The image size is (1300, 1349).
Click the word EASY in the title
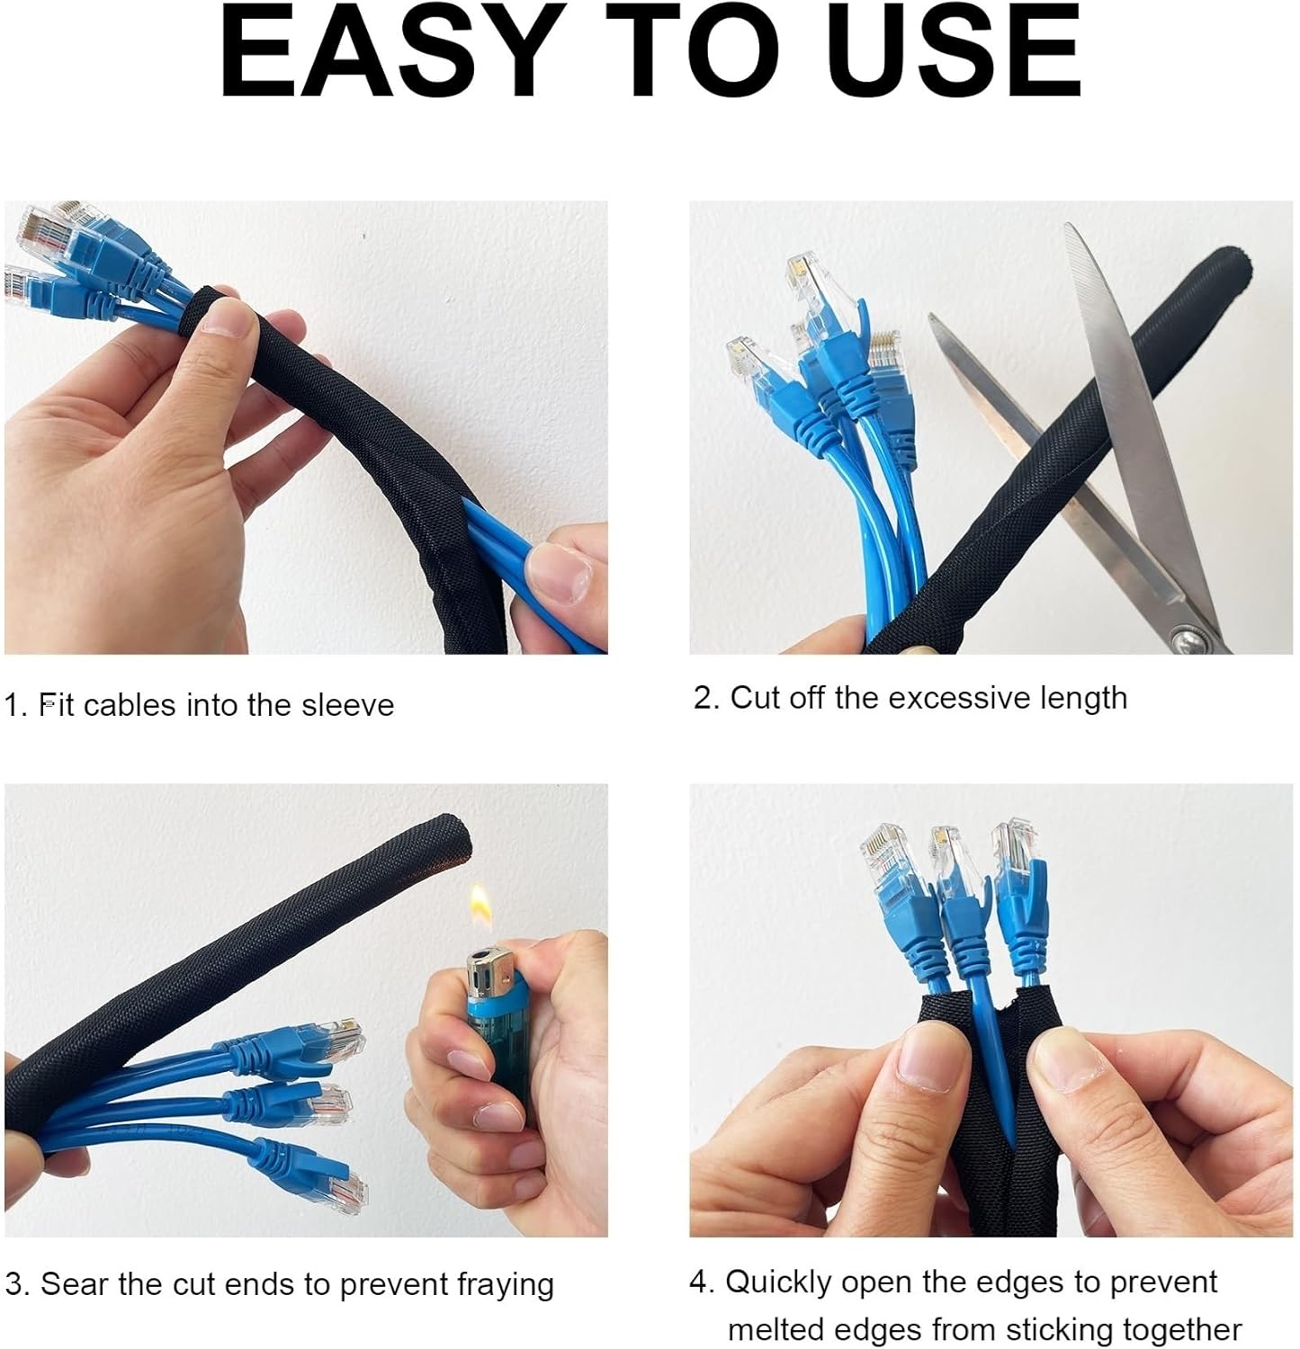point(386,51)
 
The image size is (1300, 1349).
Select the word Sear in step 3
point(76,1284)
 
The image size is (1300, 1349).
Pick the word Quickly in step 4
point(778,1282)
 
